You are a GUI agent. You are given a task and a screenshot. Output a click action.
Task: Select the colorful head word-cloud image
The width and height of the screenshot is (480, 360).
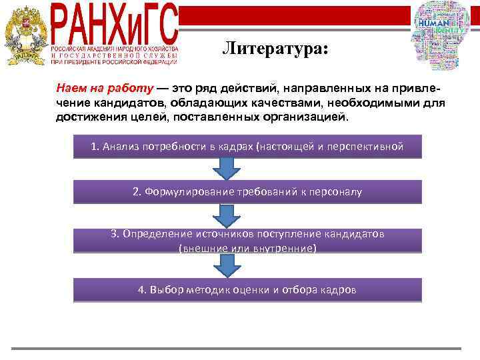441,33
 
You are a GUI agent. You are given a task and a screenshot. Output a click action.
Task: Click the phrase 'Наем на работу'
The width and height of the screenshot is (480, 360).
105,88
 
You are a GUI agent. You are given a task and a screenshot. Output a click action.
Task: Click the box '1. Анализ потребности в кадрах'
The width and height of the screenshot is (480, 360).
247,147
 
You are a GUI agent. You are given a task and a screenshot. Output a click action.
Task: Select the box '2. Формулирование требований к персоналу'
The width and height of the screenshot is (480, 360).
247,192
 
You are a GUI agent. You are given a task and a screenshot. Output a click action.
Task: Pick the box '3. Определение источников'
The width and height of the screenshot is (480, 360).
247,241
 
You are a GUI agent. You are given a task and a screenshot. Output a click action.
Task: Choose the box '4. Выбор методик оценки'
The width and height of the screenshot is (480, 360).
247,289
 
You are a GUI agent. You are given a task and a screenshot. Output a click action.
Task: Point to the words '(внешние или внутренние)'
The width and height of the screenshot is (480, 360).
247,248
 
